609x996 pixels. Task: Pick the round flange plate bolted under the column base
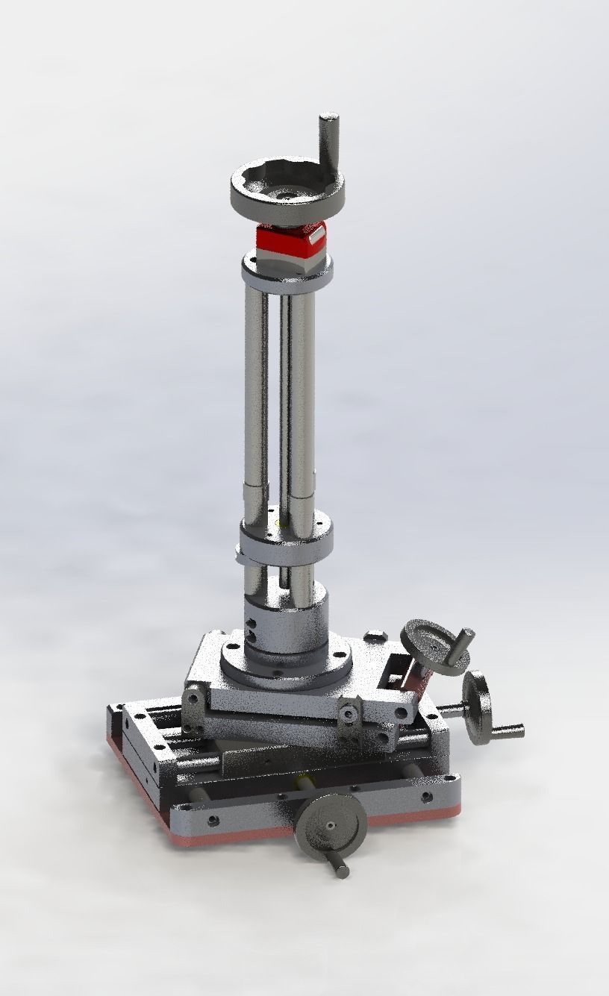pos(287,664)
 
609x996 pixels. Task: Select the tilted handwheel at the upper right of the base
pos(437,648)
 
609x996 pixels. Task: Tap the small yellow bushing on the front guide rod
pos(304,780)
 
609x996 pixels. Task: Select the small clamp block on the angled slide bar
pos(350,712)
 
